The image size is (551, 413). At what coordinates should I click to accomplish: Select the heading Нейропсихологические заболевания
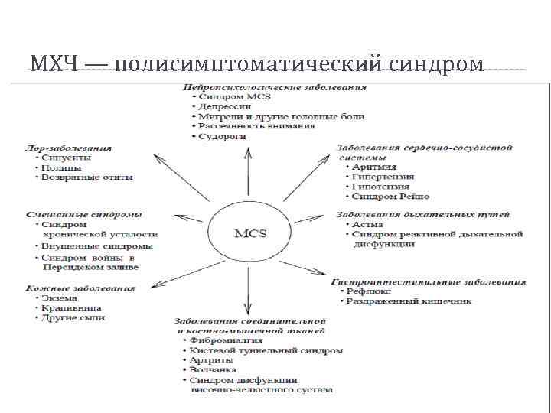pos(272,87)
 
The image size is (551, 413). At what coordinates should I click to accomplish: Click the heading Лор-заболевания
pos(69,148)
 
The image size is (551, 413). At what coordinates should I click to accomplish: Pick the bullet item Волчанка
pos(217,370)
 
